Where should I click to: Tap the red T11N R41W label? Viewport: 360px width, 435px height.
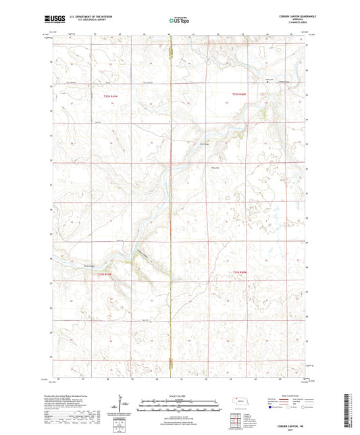101,274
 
